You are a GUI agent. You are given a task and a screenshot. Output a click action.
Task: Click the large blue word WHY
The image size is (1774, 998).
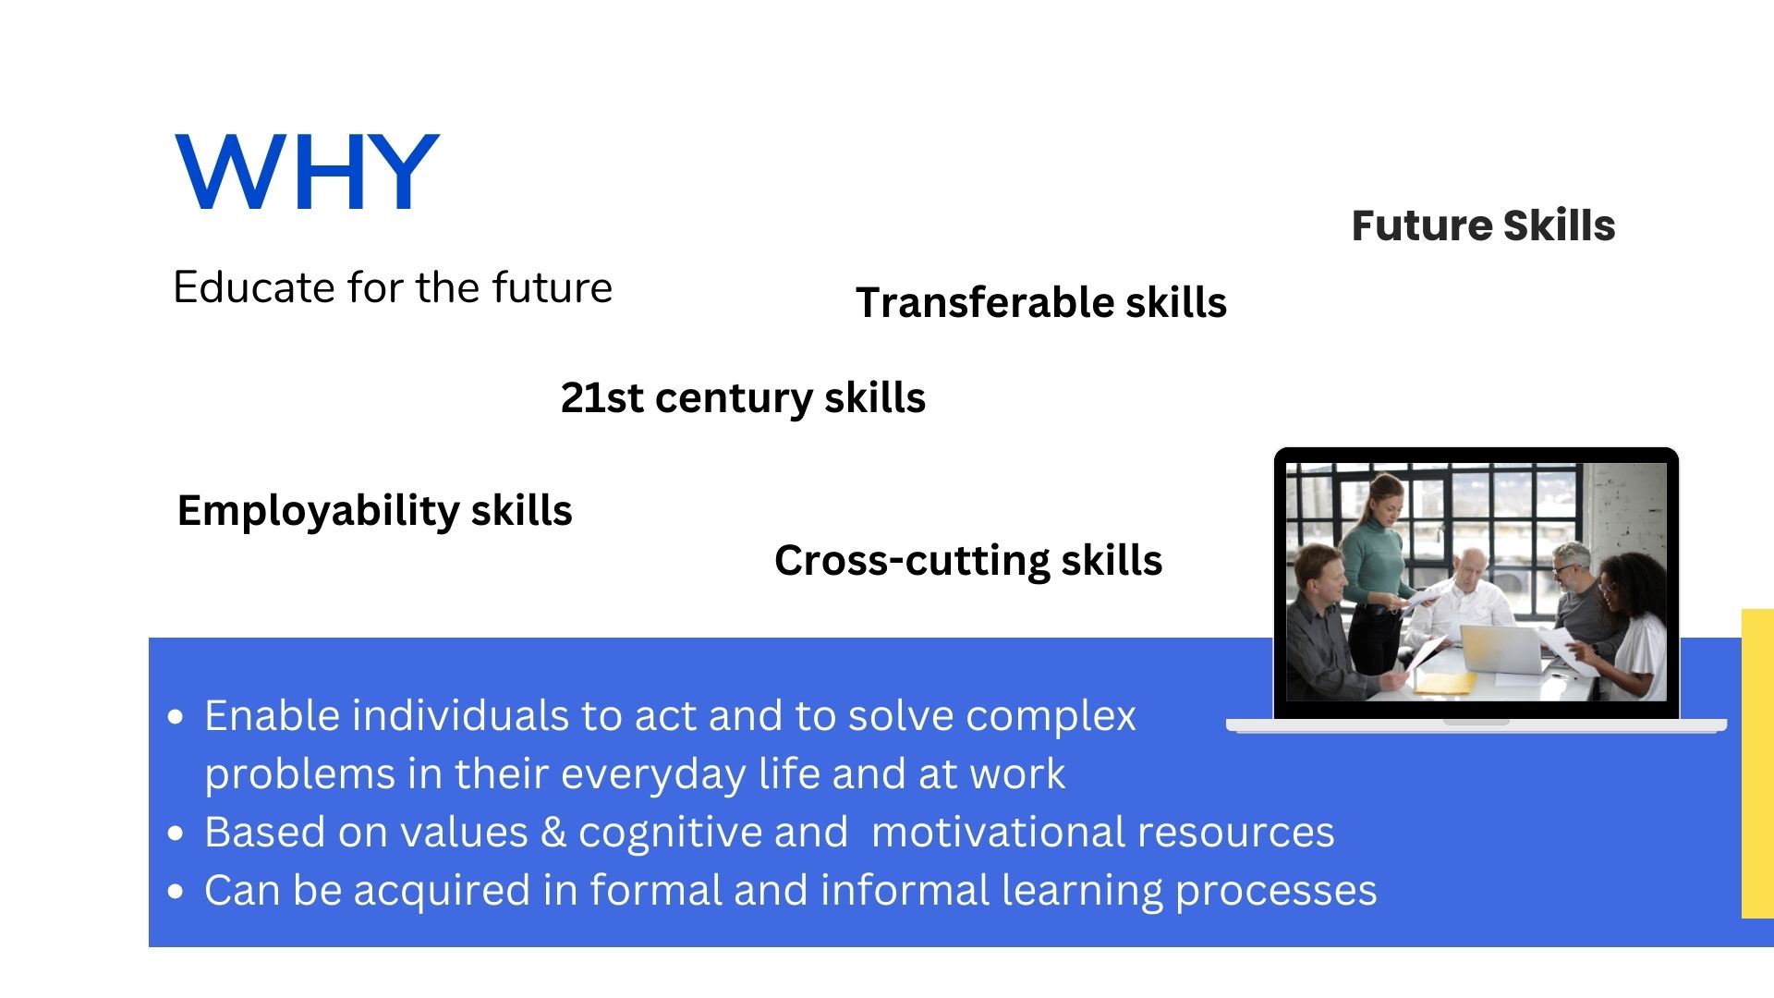pyautogui.click(x=307, y=172)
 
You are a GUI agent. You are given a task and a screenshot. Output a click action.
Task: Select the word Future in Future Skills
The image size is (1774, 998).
pyautogui.click(x=1421, y=225)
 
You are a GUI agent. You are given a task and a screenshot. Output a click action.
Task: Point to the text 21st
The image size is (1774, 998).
pyautogui.click(x=601, y=397)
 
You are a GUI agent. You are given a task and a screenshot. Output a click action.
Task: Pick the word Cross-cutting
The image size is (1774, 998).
pyautogui.click(x=911, y=561)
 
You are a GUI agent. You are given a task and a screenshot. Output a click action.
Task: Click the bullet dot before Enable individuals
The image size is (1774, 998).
pyautogui.click(x=176, y=717)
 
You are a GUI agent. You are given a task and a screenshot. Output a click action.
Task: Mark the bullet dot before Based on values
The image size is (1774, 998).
pyautogui.click(x=176, y=834)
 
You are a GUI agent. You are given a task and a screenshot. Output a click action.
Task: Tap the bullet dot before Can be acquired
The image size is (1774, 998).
pyautogui.click(x=176, y=892)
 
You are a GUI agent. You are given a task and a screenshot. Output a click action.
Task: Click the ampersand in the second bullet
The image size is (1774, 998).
pyautogui.click(x=553, y=832)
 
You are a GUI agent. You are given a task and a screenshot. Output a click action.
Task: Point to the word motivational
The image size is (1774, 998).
pyautogui.click(x=998, y=832)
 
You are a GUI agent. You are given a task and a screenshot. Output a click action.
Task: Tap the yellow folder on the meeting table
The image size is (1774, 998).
pyautogui.click(x=1447, y=683)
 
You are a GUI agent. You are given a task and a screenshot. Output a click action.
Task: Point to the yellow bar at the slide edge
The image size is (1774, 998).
pyautogui.click(x=1757, y=763)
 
